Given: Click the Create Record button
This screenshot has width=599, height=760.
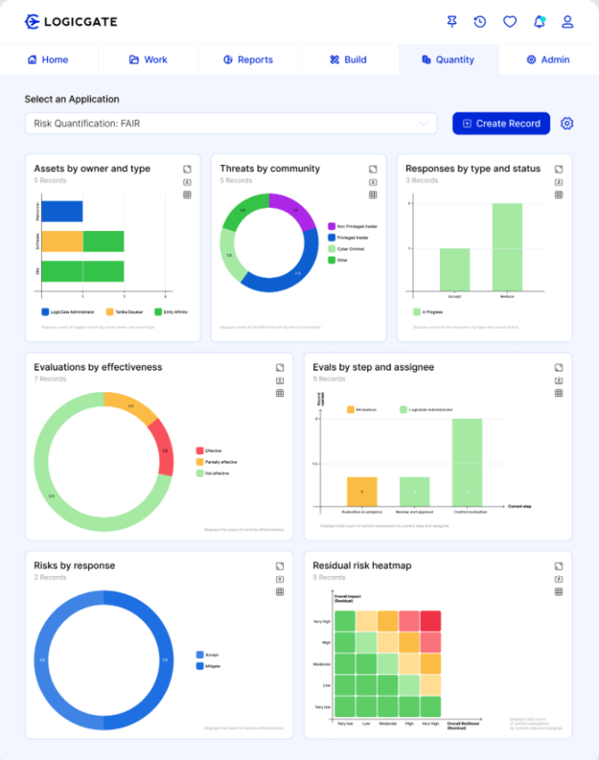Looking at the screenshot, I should [x=501, y=123].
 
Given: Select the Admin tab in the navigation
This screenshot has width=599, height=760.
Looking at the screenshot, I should [x=548, y=60].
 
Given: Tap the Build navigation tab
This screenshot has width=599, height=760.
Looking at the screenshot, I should [x=348, y=60].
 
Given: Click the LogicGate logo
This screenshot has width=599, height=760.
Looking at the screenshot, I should [x=71, y=21].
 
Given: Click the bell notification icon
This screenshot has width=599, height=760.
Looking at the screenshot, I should [x=539, y=21].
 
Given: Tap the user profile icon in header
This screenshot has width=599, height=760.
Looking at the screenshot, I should [x=567, y=21].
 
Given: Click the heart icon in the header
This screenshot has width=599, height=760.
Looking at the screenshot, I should [x=510, y=21].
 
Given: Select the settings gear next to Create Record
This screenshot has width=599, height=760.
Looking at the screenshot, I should [x=566, y=123].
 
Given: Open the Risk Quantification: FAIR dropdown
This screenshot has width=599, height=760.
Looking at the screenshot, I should [x=230, y=123].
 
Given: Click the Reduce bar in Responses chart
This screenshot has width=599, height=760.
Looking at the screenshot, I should [x=507, y=246].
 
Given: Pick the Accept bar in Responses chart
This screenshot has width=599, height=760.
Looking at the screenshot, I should [x=454, y=269].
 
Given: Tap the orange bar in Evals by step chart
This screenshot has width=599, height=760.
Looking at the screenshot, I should [x=362, y=491].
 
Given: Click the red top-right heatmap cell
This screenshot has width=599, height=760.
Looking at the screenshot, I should [x=430, y=620].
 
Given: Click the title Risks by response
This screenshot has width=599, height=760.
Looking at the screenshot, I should [x=74, y=566].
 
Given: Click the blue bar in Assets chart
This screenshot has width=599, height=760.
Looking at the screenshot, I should [x=62, y=211].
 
